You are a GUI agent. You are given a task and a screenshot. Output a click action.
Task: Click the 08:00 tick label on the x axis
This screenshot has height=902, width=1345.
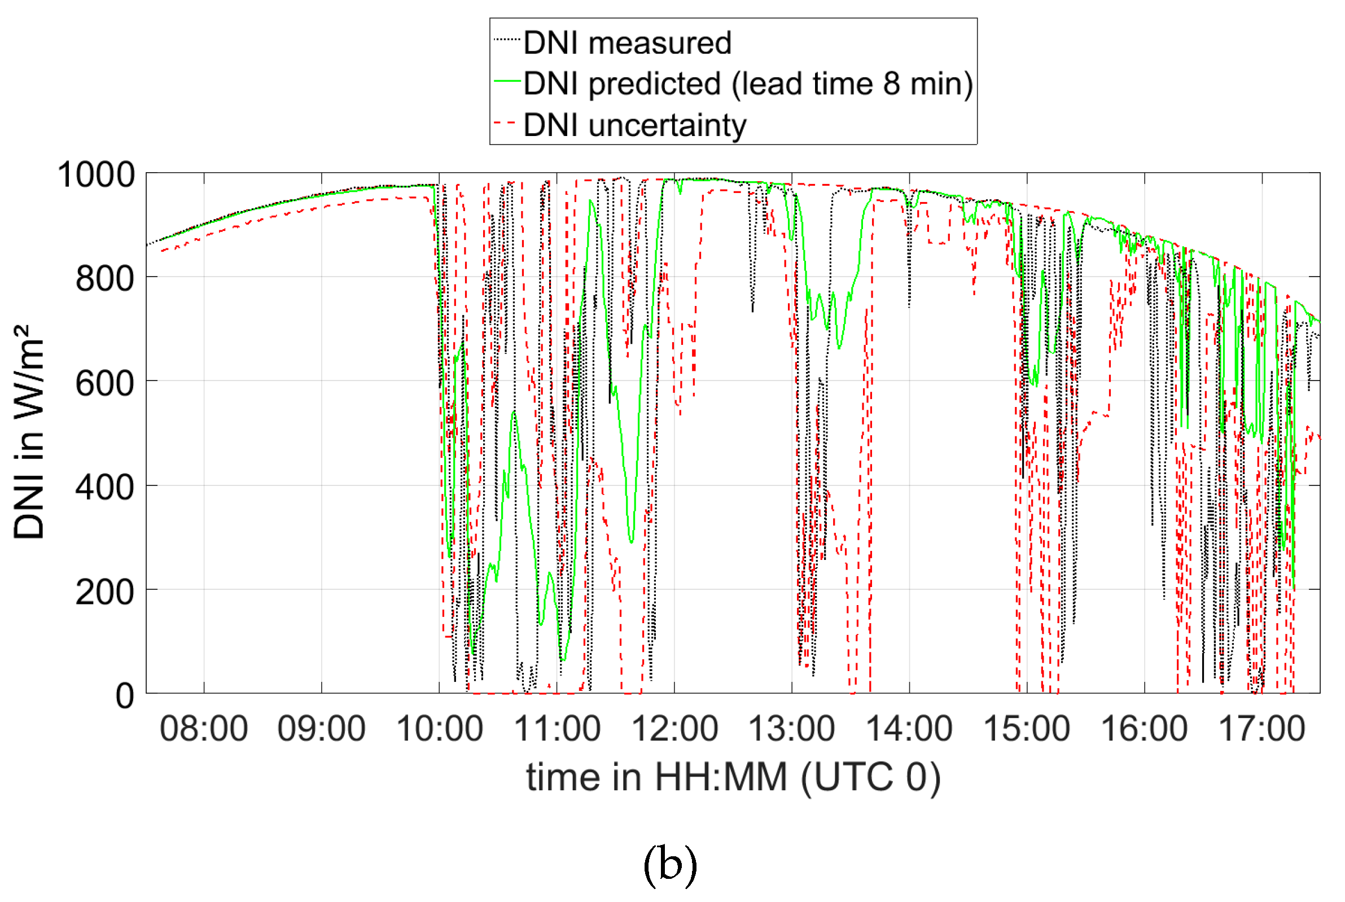204,729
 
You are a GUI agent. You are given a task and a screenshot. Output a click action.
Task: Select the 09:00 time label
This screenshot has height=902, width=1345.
322,729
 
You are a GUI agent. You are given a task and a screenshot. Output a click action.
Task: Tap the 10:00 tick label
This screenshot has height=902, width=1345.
439,729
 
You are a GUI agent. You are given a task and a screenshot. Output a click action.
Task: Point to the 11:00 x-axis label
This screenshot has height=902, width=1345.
557,729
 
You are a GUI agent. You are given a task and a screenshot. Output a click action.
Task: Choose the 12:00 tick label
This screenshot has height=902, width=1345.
674,729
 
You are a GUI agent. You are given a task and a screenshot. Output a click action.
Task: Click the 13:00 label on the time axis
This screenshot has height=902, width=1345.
792,729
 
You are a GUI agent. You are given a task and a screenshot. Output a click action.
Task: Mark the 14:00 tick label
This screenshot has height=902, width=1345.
910,729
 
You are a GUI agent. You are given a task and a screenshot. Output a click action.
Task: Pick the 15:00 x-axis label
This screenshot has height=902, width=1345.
1027,729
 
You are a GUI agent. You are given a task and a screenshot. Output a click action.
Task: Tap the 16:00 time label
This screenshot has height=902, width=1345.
1144,729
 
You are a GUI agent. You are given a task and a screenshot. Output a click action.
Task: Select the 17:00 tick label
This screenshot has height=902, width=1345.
1262,729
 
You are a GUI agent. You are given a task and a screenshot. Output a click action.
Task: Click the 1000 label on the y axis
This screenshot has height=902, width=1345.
96,174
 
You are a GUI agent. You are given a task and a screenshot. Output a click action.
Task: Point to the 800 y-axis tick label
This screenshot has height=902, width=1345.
104,279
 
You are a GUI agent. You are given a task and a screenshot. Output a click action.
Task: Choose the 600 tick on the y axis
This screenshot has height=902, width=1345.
104,383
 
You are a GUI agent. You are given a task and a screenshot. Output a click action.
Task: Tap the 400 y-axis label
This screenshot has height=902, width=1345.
104,487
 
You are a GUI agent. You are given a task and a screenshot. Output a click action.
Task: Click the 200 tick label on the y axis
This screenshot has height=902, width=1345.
104,592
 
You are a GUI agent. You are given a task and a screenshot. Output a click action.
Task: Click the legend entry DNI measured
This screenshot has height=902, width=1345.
627,43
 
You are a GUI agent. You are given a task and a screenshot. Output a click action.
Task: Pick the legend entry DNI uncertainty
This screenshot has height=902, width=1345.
634,125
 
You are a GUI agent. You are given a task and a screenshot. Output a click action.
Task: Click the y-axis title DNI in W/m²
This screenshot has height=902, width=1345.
29,431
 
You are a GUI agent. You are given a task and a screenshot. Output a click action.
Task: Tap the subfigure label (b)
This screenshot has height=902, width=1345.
670,865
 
